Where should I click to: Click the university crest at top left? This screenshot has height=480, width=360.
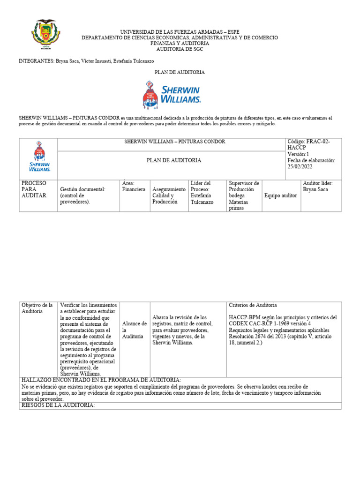[x=45, y=34]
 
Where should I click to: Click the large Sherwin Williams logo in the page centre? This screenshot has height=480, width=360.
[x=172, y=95]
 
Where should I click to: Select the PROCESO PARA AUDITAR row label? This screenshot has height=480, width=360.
[x=34, y=189]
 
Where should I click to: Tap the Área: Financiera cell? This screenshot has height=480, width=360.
[x=134, y=186]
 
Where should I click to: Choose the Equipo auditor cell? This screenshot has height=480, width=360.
[x=280, y=195]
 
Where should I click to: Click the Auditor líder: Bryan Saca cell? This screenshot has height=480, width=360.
[x=318, y=186]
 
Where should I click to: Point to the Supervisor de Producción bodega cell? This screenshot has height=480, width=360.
[x=244, y=189]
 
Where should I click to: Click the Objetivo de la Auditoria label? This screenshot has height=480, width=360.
[x=37, y=308]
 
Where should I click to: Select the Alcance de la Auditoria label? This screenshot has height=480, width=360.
[x=135, y=330]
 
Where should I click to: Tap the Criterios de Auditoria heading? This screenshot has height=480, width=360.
[x=253, y=305]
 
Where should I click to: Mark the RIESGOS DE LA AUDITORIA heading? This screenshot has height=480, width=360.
[x=58, y=405]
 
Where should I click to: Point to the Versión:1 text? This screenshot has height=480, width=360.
[x=299, y=154]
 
